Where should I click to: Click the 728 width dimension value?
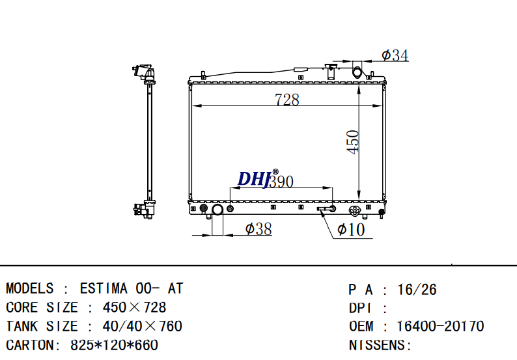(x=287, y=99)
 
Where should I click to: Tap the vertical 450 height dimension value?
(x=353, y=142)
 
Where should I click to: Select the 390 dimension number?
(x=281, y=182)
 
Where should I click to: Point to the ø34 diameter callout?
(x=395, y=55)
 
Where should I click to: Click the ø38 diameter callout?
(x=258, y=229)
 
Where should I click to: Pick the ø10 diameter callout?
(x=351, y=229)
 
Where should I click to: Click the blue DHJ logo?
(x=254, y=179)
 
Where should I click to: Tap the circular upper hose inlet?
(x=357, y=72)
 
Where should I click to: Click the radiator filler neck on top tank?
(x=331, y=72)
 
